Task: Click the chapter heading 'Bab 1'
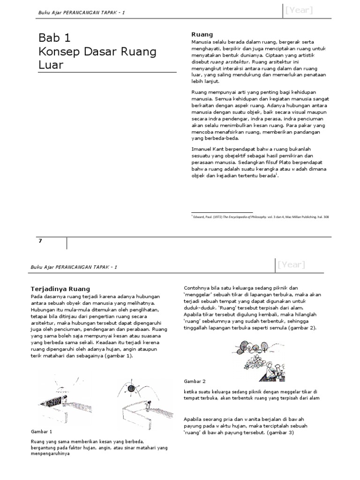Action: pyautogui.click(x=54, y=38)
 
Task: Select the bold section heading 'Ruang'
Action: pyautogui.click(x=202, y=34)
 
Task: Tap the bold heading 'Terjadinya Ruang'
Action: pyautogui.click(x=60, y=289)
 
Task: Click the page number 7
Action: pyautogui.click(x=40, y=241)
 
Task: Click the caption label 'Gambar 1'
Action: pyautogui.click(x=41, y=431)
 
